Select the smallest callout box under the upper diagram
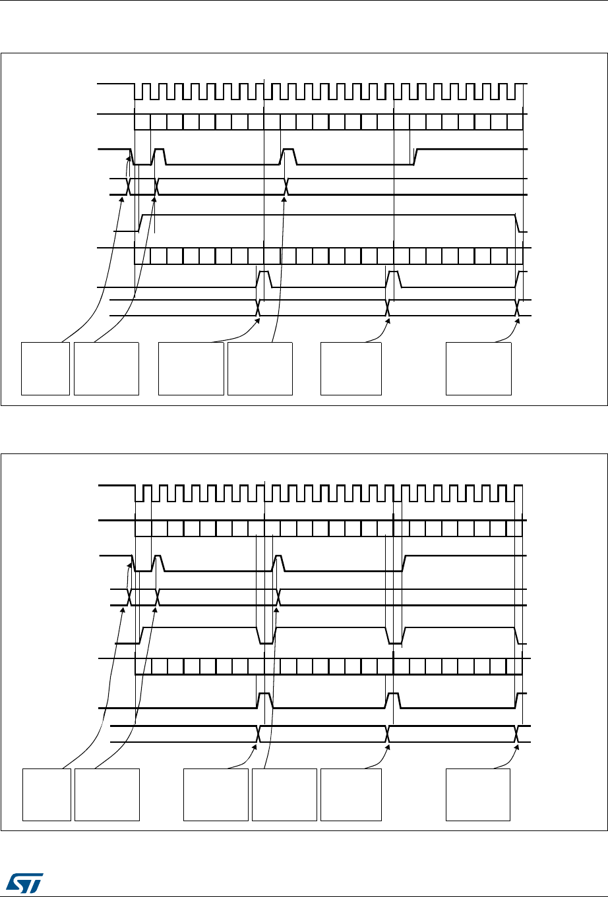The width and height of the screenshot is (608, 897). [x=46, y=368]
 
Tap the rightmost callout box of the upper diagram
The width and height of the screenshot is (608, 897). [x=479, y=368]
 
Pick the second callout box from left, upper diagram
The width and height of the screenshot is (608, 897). [x=107, y=368]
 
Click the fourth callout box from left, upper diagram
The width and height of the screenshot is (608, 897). [x=260, y=368]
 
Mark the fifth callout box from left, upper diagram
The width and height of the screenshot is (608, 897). [x=351, y=368]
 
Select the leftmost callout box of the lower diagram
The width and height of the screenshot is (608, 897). [x=47, y=794]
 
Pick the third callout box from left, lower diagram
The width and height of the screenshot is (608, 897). [x=216, y=794]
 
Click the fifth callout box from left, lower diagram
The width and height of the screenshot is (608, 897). [x=351, y=794]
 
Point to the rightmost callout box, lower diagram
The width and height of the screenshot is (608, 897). [x=478, y=794]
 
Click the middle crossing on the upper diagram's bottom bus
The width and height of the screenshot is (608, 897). [x=388, y=308]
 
